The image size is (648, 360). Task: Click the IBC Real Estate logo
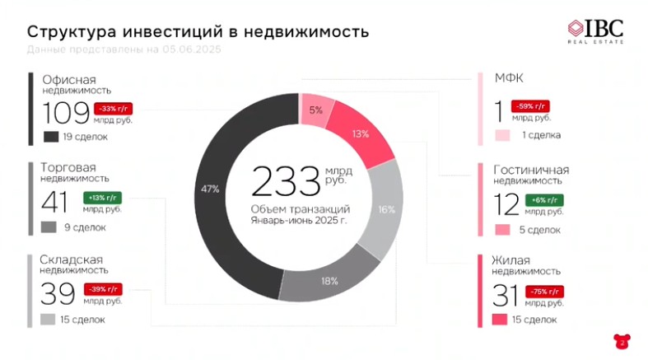coord(595,30)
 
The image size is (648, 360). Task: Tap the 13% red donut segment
coord(360,134)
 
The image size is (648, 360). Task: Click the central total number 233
coord(285,183)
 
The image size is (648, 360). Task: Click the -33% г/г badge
coord(114,108)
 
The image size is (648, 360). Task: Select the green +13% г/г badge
coord(102,197)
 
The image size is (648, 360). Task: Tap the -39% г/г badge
coord(102,288)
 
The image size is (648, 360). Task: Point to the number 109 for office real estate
coord(66,114)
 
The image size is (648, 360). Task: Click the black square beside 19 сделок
coord(50,136)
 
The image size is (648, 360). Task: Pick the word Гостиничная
coord(531,170)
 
